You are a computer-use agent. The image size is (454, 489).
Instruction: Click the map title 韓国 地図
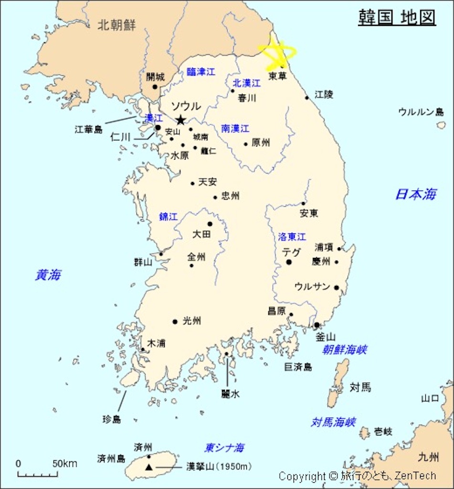397,17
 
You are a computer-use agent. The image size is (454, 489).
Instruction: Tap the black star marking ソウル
180,120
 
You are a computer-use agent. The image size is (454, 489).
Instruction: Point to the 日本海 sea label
415,194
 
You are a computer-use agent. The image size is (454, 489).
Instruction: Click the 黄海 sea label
48,275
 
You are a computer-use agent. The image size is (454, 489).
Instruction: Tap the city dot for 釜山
317,325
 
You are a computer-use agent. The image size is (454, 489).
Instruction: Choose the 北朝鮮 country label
116,25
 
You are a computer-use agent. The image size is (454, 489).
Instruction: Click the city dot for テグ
289,262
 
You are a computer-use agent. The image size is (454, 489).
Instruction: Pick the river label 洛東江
292,237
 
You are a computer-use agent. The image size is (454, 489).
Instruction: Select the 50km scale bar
38,474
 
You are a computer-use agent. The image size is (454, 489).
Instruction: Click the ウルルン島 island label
421,112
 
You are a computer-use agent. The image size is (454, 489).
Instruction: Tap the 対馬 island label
360,387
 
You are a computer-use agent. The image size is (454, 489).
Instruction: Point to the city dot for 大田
210,224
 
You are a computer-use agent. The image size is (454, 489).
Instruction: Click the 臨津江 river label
201,73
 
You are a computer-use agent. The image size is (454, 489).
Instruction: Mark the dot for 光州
175,321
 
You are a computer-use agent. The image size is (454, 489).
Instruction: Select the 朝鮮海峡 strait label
344,350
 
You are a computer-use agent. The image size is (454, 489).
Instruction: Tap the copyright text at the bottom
357,476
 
